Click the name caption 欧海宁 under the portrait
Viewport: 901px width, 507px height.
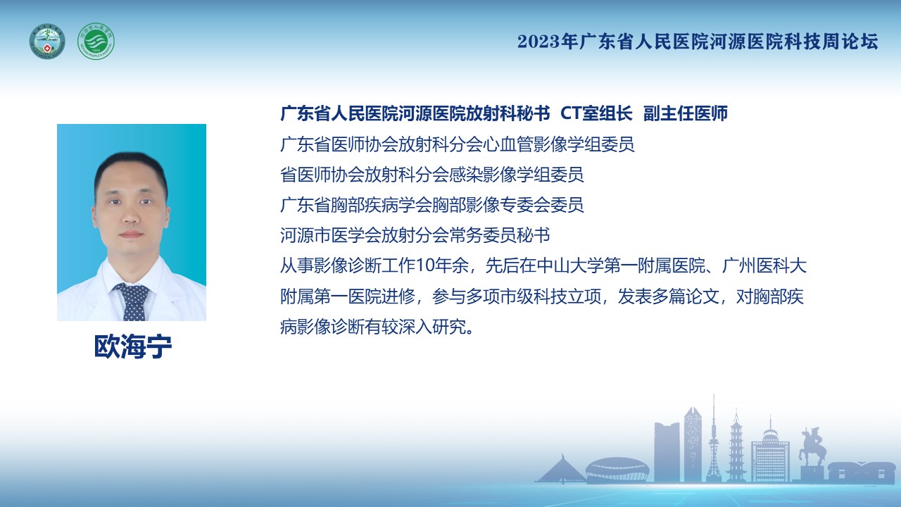(x=133, y=346)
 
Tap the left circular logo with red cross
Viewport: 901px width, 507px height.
(x=47, y=42)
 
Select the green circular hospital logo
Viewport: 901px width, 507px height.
(x=96, y=42)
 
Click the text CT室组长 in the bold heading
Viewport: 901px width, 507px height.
(x=596, y=114)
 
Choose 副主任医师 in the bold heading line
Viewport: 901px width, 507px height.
(x=686, y=114)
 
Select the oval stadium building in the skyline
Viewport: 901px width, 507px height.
(x=617, y=470)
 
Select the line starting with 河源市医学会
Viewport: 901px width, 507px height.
(x=415, y=235)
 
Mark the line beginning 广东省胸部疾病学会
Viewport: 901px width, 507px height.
(x=432, y=205)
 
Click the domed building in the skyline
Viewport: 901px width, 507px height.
(x=770, y=453)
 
